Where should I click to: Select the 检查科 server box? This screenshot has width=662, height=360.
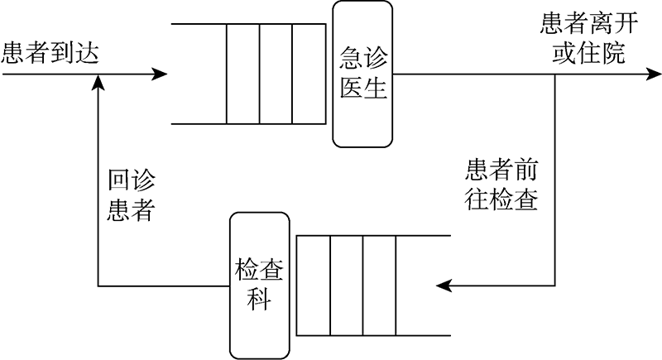(260, 286)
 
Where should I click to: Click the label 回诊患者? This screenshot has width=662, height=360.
(132, 196)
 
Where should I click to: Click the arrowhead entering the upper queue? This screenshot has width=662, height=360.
(160, 74)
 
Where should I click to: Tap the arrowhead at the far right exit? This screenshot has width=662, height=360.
(653, 74)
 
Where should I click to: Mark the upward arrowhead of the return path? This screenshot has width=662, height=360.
(98, 80)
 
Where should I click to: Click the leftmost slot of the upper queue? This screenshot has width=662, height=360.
(242, 74)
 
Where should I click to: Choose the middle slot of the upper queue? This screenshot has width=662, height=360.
(276, 74)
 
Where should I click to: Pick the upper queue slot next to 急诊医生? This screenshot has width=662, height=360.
(309, 74)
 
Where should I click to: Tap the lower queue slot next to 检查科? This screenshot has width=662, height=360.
(313, 286)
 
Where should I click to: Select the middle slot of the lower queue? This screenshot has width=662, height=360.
(346, 286)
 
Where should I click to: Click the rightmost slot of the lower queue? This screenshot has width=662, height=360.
(379, 286)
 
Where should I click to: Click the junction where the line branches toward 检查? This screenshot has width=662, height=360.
(554, 74)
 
